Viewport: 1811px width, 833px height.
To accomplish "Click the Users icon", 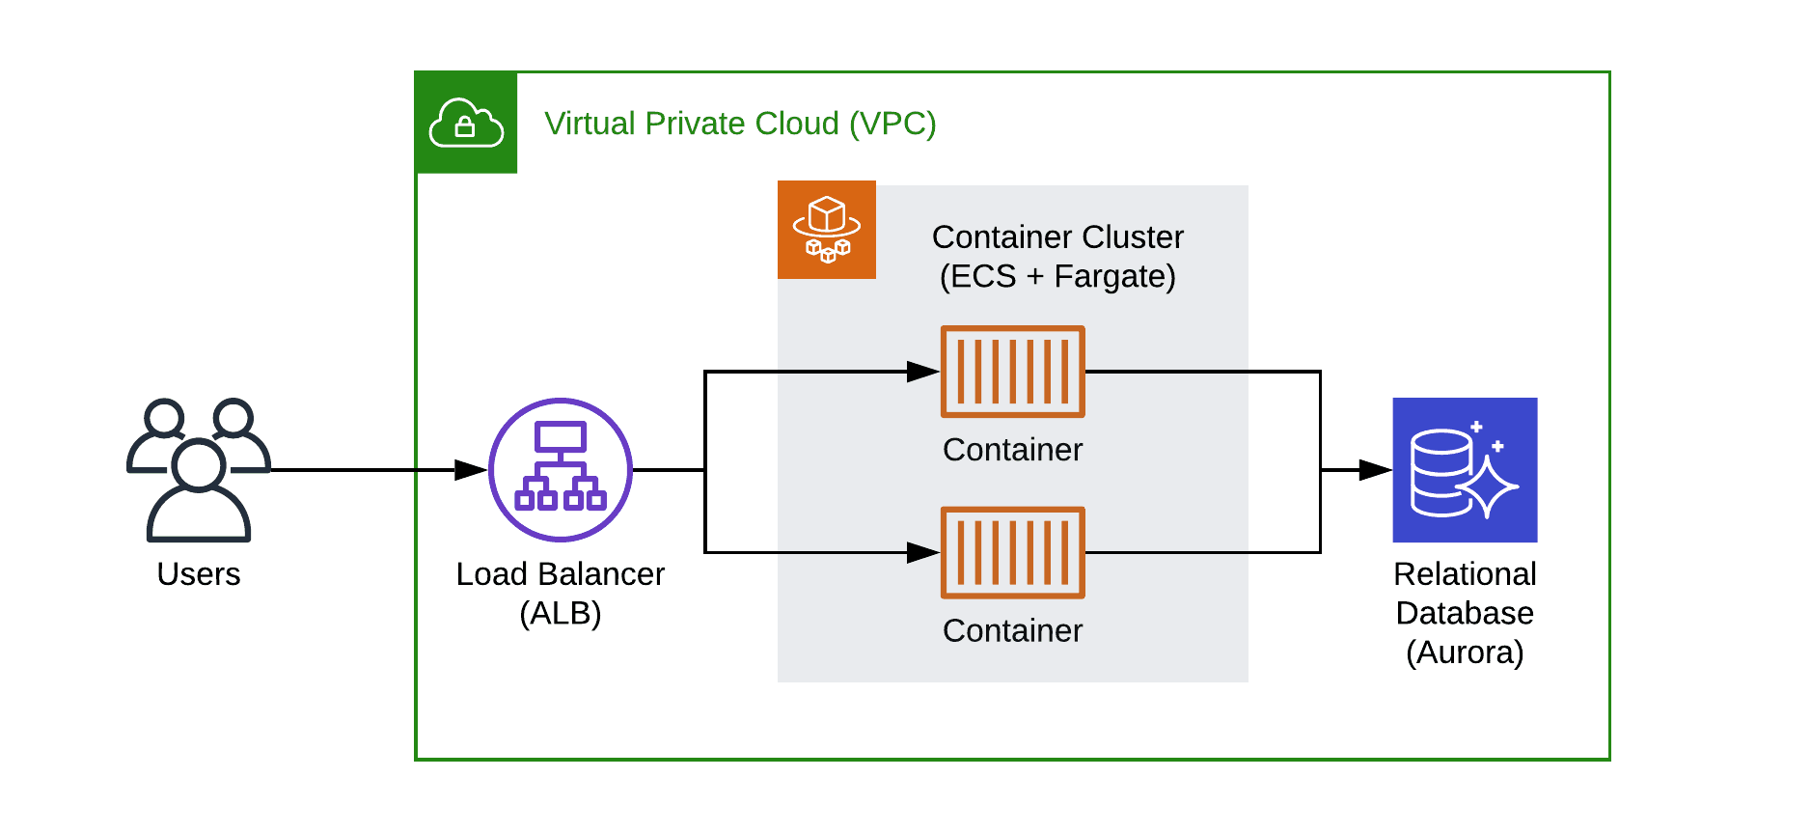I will pyautogui.click(x=199, y=469).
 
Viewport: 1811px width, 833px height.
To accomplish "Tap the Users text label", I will pyautogui.click(x=199, y=574).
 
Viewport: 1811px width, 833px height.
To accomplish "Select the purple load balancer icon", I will pyautogui.click(x=561, y=470).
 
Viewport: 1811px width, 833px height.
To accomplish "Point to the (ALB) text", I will pyautogui.click(x=561, y=614).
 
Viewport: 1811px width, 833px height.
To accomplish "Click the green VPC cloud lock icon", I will pyautogui.click(x=466, y=123).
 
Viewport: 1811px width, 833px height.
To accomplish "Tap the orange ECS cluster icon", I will pyautogui.click(x=827, y=230).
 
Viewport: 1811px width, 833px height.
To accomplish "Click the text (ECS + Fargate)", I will pyautogui.click(x=1057, y=277).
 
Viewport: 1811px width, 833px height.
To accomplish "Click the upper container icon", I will pyautogui.click(x=1013, y=372).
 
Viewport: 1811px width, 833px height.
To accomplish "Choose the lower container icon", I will pyautogui.click(x=1013, y=553).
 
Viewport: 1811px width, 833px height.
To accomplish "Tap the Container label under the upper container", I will pyautogui.click(x=1013, y=450).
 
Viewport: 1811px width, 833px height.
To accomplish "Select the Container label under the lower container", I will pyautogui.click(x=1013, y=631).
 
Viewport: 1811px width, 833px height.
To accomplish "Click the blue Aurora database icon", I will pyautogui.click(x=1465, y=470).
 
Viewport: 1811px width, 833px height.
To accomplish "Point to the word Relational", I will pyautogui.click(x=1465, y=574).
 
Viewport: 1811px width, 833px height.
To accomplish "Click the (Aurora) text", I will pyautogui.click(x=1465, y=653).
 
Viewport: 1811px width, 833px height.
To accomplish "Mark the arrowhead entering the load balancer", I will pyautogui.click(x=471, y=470).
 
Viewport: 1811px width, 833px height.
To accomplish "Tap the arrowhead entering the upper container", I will pyautogui.click(x=923, y=372).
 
